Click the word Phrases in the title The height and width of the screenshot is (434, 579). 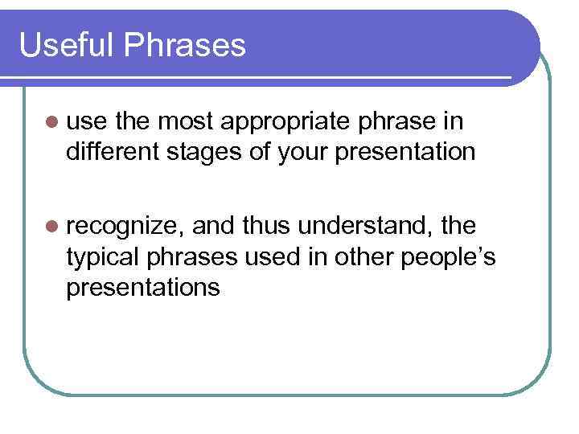pyautogui.click(x=185, y=45)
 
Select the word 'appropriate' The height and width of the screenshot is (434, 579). pyautogui.click(x=285, y=123)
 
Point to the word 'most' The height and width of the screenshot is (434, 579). pyautogui.click(x=186, y=122)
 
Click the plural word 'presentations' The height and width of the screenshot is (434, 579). pyautogui.click(x=143, y=287)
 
